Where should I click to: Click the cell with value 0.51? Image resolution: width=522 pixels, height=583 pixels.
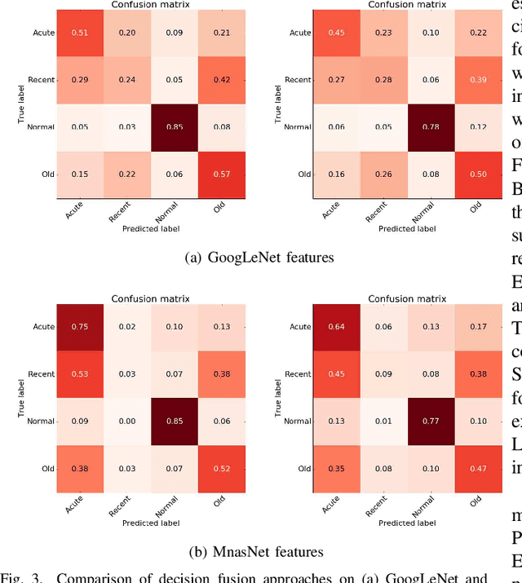[80, 33]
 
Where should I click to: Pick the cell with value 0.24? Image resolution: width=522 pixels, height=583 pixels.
[126, 80]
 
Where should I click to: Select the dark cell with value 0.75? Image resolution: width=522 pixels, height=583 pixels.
[80, 327]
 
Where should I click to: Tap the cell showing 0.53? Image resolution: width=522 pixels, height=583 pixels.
[80, 374]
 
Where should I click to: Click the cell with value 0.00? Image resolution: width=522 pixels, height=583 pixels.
[126, 422]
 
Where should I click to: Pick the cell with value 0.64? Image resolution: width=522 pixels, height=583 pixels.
[337, 327]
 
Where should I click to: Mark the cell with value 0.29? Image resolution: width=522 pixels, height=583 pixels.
[80, 80]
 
